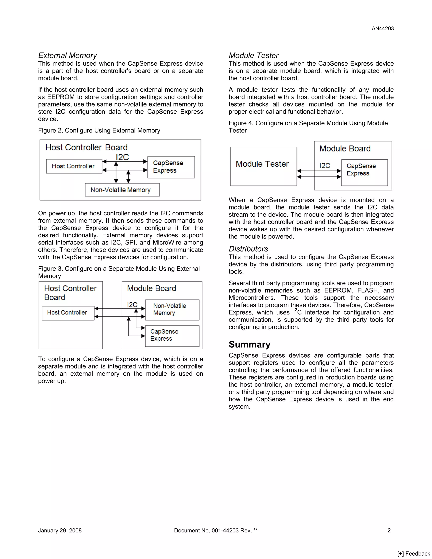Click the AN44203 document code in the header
(383, 29)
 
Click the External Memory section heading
(67, 55)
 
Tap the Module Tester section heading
(254, 55)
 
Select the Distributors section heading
(248, 249)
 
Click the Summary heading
(250, 344)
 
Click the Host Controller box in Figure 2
(74, 166)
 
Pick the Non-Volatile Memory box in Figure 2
(122, 190)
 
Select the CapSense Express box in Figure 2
(171, 167)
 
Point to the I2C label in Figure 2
(122, 157)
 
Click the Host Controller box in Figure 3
(68, 313)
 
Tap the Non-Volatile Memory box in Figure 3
(172, 309)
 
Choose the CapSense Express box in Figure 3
(172, 336)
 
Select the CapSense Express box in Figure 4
(364, 172)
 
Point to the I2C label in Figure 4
(325, 166)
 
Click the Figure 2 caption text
(99, 131)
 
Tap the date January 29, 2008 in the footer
(60, 530)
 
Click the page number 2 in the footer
(389, 530)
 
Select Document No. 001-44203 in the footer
(216, 530)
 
